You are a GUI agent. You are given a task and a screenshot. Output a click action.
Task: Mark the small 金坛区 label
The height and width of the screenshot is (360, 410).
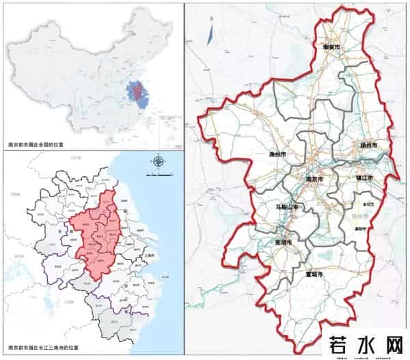click(368, 204)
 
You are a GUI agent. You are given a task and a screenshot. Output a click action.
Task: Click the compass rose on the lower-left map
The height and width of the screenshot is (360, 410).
click(159, 162)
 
